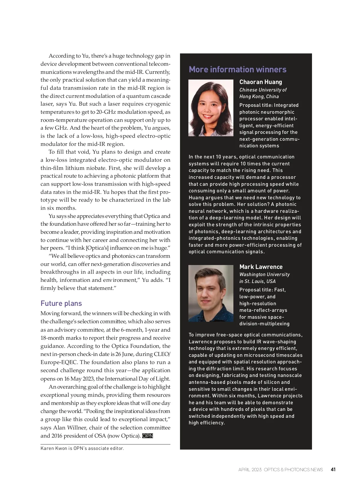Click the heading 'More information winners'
(x=237, y=69)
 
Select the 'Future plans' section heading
(x=61, y=303)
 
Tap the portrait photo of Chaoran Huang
(x=211, y=108)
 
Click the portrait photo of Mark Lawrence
(x=211, y=293)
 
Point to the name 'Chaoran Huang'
(x=260, y=82)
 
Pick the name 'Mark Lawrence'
(x=261, y=267)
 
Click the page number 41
(x=333, y=469)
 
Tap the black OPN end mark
(x=148, y=436)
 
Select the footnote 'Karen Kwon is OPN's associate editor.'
(x=82, y=448)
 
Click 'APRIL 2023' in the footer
(x=250, y=470)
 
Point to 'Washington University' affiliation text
(x=264, y=274)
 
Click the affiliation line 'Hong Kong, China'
(x=259, y=96)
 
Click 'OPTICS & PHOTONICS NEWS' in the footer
(x=293, y=470)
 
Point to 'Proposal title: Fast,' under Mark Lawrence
(x=262, y=290)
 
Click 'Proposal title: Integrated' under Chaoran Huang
(x=269, y=105)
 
